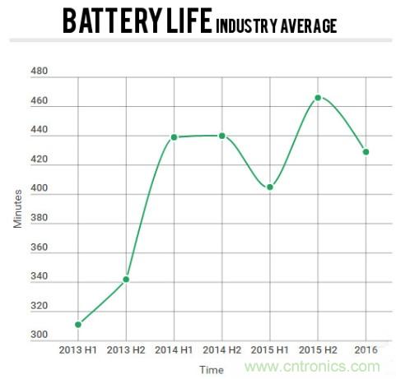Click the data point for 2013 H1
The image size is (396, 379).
tap(77, 325)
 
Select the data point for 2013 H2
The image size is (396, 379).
tap(126, 280)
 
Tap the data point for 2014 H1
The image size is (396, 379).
tap(174, 137)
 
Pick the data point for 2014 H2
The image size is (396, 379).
tap(221, 136)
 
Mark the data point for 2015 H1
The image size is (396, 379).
tap(269, 187)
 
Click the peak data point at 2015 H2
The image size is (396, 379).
tap(318, 98)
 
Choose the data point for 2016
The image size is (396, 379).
tap(366, 152)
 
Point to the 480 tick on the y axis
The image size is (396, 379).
tap(39, 72)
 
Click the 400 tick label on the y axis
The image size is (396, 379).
tap(39, 189)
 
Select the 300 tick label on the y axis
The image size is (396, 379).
tap(39, 335)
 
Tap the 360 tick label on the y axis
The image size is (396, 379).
tap(39, 247)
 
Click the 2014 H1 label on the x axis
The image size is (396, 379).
tap(174, 349)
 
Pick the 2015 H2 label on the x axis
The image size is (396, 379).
tap(318, 349)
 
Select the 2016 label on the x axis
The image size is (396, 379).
tap(366, 349)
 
